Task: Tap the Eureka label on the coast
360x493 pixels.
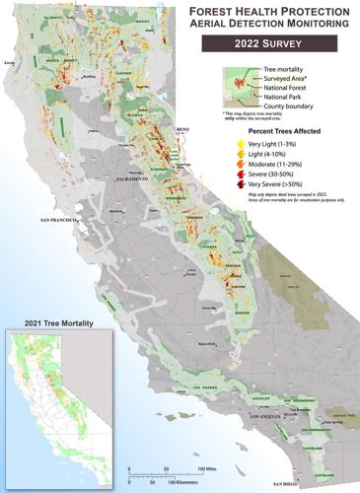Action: (12, 62)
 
